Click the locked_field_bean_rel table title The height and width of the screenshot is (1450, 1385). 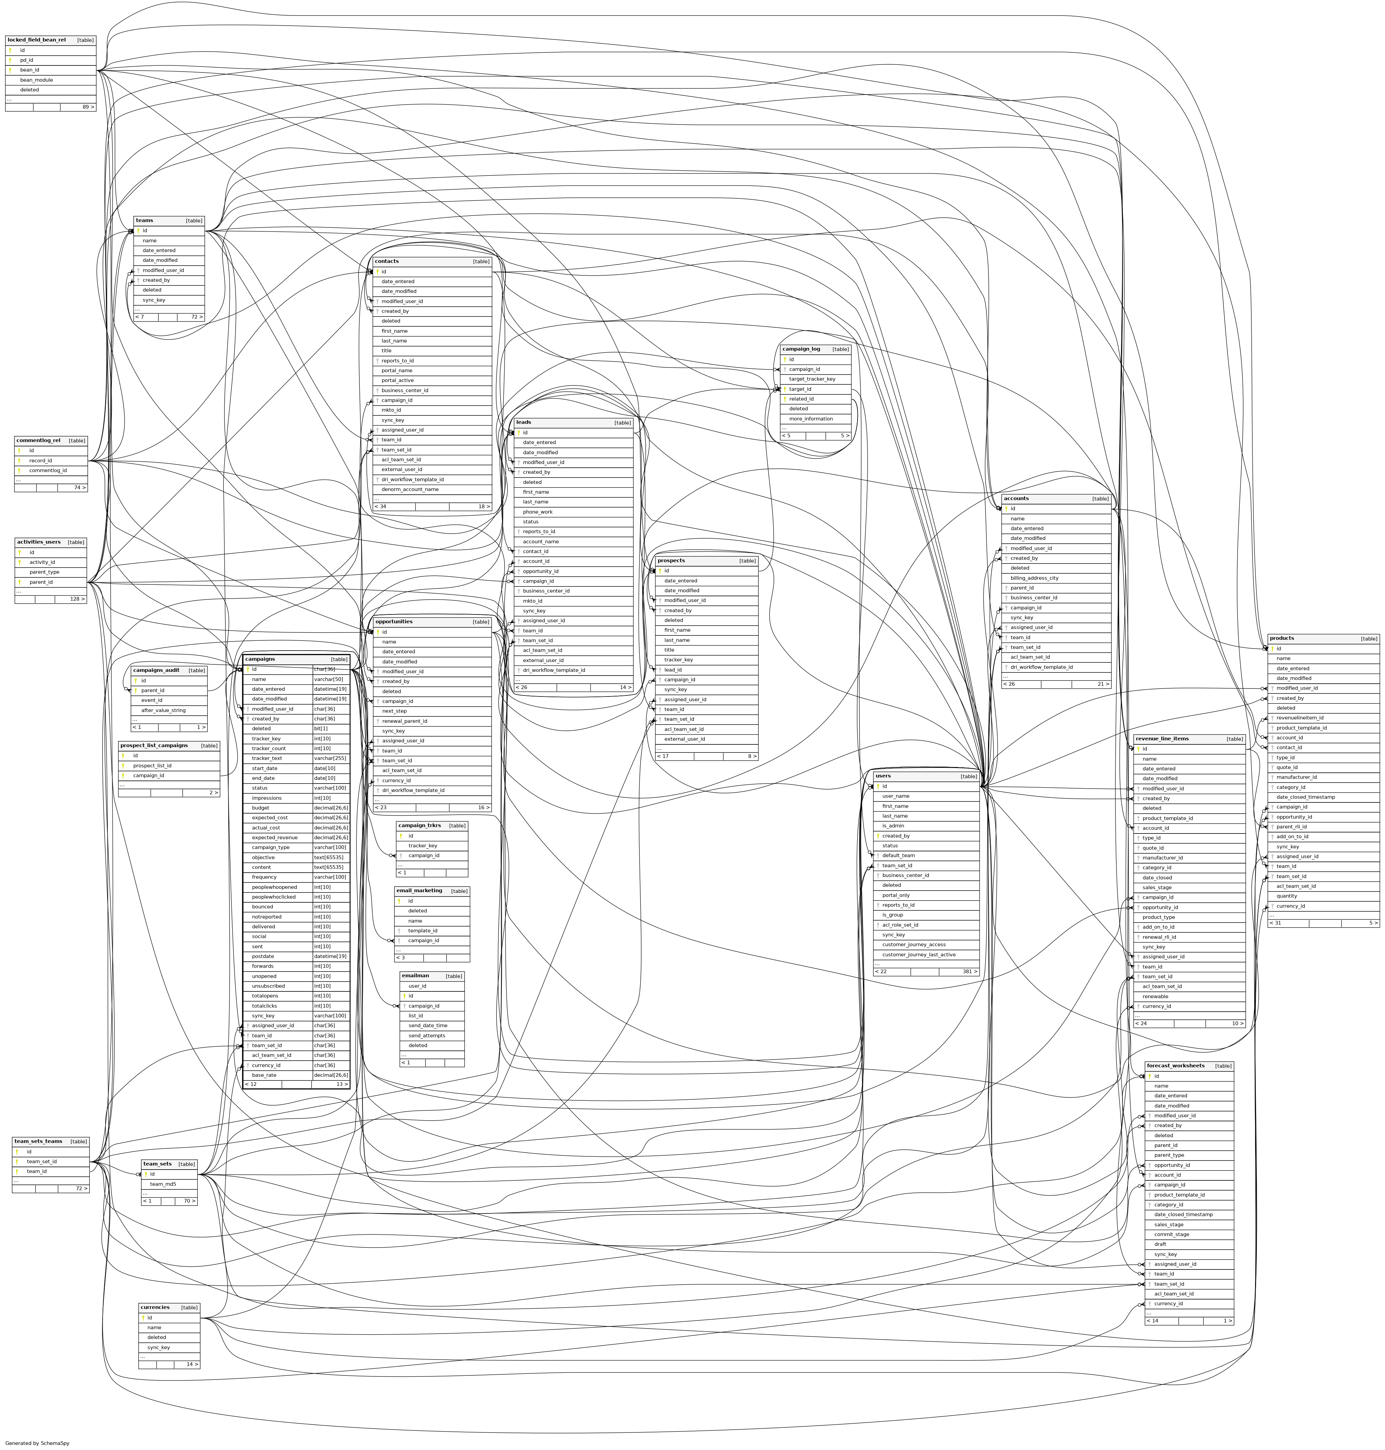[37, 40]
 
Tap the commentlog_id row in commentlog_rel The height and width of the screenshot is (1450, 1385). [48, 470]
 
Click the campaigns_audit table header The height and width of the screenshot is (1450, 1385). [157, 671]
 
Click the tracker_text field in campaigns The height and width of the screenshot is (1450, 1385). [267, 758]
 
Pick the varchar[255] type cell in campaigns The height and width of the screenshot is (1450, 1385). [330, 758]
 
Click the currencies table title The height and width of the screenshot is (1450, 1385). [155, 1308]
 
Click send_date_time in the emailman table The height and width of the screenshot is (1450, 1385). [428, 1025]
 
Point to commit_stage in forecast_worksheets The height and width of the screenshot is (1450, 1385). [1171, 1234]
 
